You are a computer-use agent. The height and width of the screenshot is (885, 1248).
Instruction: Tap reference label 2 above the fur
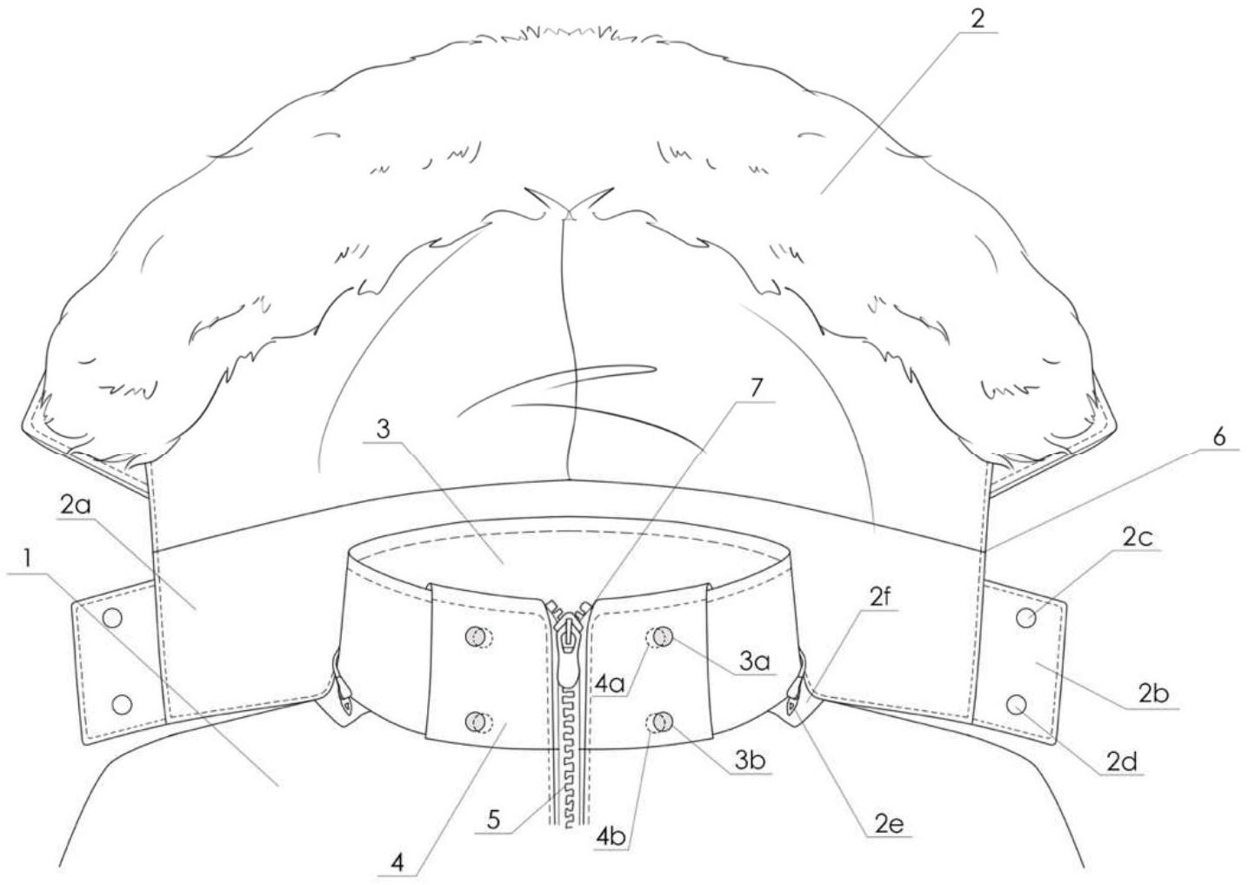pos(978,19)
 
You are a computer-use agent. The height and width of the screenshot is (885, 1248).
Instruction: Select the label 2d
pos(1123,763)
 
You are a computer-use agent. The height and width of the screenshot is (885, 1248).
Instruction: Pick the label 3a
pos(755,664)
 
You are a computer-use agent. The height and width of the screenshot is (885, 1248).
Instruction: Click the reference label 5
pos(494,819)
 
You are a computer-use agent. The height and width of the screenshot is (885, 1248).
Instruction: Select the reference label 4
pos(397,863)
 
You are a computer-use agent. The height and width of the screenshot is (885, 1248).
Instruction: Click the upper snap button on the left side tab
pos(111,617)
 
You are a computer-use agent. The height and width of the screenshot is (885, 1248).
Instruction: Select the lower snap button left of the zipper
pos(475,721)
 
